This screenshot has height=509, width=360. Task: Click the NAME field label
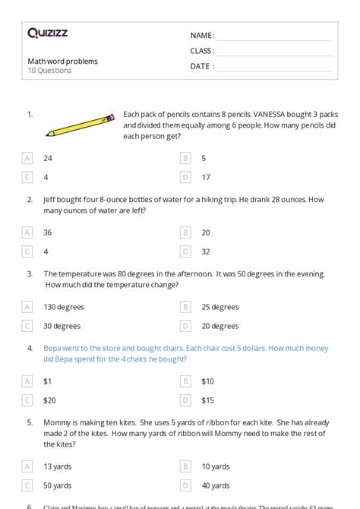[202, 36]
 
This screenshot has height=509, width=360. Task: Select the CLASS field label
[202, 51]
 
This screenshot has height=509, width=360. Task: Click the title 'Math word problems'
[62, 61]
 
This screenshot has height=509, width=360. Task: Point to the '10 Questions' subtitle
[49, 71]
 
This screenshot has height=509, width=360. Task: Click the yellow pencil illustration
[80, 125]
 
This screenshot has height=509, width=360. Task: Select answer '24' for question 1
[49, 158]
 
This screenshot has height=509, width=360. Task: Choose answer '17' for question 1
[205, 177]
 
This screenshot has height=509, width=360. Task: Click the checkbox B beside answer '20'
[185, 232]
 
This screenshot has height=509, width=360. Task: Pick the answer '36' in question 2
[49, 232]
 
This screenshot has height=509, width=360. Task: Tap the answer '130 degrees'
[64, 307]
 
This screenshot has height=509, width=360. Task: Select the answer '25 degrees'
[220, 307]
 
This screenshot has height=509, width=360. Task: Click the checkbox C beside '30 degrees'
[28, 326]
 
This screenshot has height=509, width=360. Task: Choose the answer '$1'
[48, 381]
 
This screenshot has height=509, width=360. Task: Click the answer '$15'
[207, 400]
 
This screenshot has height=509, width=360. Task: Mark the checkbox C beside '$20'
[28, 400]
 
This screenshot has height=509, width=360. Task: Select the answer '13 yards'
[58, 466]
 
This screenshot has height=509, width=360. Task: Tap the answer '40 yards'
[216, 485]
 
